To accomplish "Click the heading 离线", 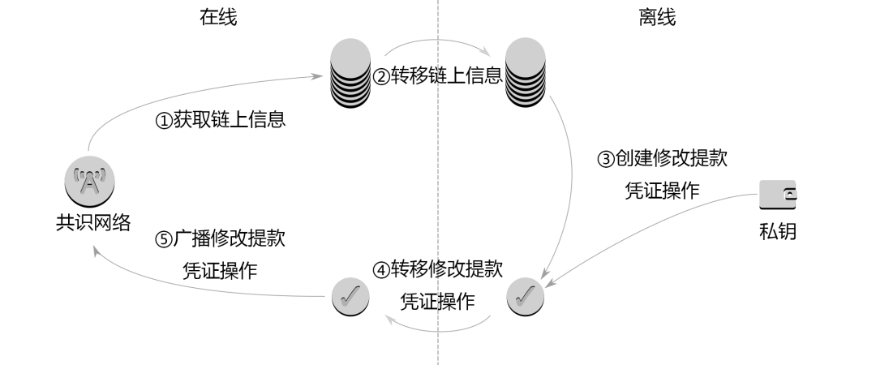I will [x=657, y=18].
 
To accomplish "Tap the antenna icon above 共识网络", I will [x=87, y=180].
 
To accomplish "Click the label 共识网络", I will [x=87, y=222].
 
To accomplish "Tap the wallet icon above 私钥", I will [x=777, y=195].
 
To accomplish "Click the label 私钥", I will [x=777, y=232].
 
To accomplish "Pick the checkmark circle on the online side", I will [x=350, y=296].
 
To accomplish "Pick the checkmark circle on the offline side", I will [x=526, y=296].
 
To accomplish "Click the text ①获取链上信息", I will [x=220, y=121].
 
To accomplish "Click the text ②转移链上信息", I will [x=438, y=78].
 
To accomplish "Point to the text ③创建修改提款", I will [x=662, y=159].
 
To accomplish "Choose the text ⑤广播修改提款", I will [x=220, y=240].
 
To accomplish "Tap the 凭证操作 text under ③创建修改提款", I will [x=662, y=191].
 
